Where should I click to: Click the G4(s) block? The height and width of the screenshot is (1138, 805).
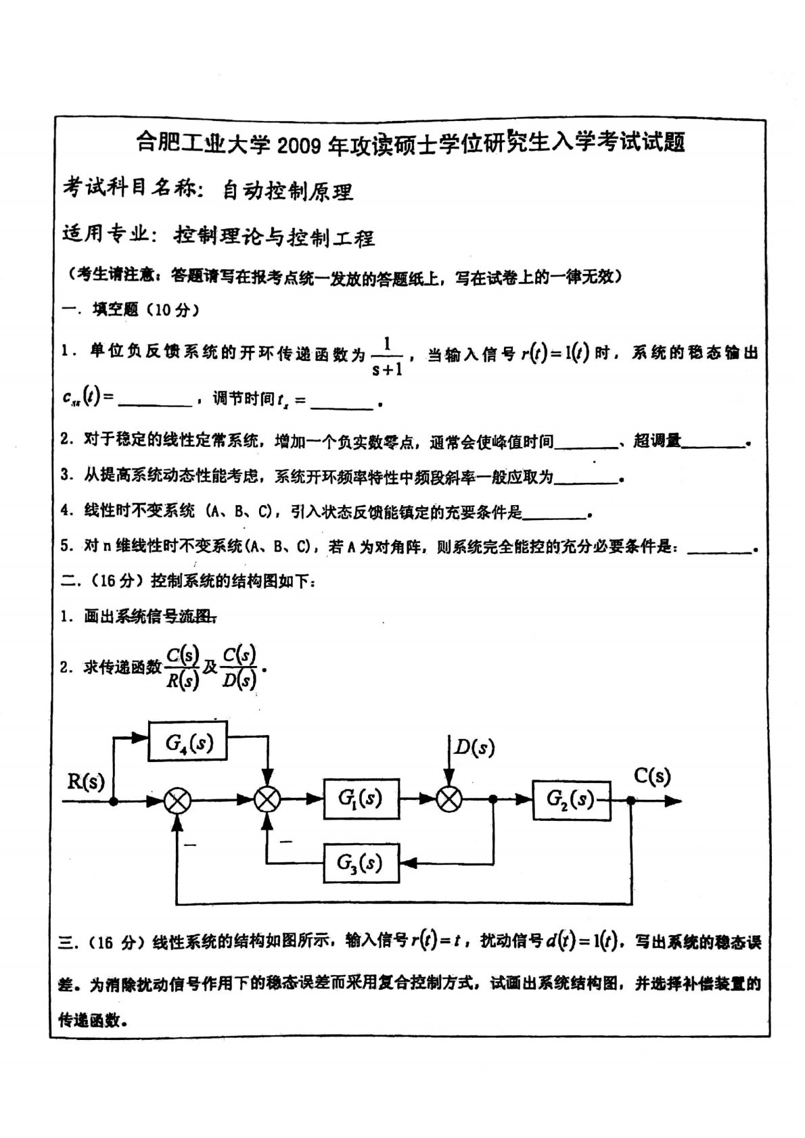pos(188,742)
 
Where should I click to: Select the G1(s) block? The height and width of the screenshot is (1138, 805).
pos(361,799)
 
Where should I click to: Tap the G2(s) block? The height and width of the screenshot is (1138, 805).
pos(570,800)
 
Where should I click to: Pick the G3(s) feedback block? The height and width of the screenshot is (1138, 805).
pos(361,863)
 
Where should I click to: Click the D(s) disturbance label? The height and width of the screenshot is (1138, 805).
pos(474,747)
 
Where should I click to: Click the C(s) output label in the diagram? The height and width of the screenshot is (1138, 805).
pos(652,776)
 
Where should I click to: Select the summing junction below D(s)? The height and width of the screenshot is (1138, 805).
pos(448,800)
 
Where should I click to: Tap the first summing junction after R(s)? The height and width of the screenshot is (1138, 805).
pos(178,801)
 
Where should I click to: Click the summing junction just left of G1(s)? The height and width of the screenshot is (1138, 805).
pos(268,800)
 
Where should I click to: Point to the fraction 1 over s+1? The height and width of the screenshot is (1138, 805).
pos(387,356)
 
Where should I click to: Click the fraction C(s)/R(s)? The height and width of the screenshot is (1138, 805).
pos(183,667)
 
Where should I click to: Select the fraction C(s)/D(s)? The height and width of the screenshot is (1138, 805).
pos(239,667)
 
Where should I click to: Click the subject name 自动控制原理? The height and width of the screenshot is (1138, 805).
pos(288,192)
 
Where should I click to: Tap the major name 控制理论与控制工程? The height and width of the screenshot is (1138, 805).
pos(274,237)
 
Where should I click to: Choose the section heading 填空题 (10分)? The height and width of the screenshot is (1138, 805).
pos(145,310)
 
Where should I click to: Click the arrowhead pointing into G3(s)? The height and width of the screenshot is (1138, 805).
pos(406,863)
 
